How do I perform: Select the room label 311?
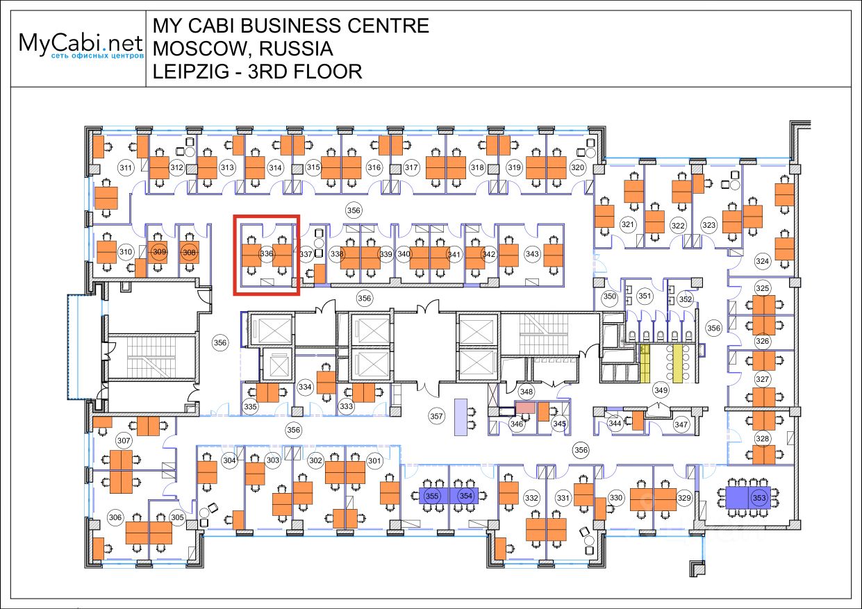pos(126,167)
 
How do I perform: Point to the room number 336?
pos(266,254)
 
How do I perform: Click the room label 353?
pos(759,498)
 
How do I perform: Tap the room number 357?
pos(436,417)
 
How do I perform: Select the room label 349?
pos(661,390)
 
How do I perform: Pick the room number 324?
pos(763,261)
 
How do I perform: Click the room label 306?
pos(115,517)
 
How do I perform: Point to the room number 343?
pos(532,254)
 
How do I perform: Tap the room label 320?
pos(577,167)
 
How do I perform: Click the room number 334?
pos(305,387)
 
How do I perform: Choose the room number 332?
pos(532,498)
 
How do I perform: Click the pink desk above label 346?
pos(524,408)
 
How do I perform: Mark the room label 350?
pos(609,297)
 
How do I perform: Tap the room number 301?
pos(374,460)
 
